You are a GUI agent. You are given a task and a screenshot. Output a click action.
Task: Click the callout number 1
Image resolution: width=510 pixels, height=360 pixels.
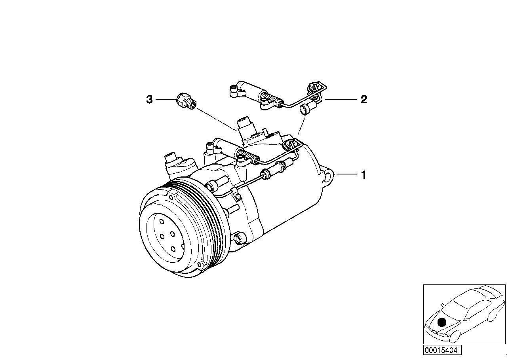(x=363, y=174)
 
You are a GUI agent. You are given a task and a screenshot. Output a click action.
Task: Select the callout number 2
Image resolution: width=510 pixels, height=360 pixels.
(x=363, y=99)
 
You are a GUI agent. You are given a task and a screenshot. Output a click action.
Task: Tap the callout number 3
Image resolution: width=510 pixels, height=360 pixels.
(x=149, y=99)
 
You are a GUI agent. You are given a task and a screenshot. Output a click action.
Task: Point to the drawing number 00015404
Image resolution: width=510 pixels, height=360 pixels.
(x=442, y=350)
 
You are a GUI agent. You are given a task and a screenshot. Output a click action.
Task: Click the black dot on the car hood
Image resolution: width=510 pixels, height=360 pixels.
(x=442, y=322)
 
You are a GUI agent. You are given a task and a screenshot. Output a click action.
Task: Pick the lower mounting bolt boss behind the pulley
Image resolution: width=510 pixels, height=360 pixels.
(x=238, y=239)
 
